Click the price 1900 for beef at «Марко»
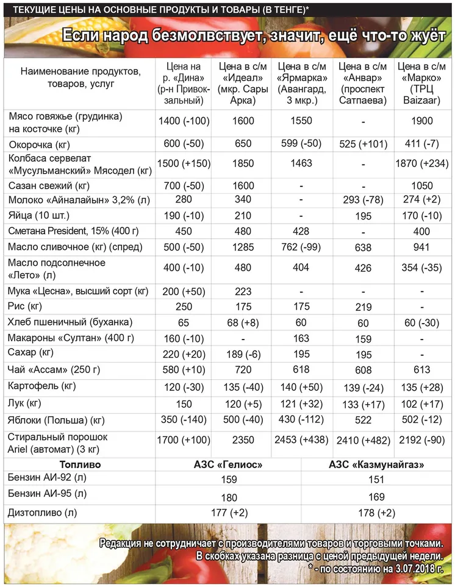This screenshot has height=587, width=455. coord(422,121)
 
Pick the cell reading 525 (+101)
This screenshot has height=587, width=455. coord(364,144)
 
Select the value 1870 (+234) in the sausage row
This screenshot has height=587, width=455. coord(422,163)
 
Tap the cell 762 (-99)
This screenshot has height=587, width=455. coord(302,247)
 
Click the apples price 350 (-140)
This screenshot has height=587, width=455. coord(184,421)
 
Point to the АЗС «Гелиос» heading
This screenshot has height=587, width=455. coord(227,464)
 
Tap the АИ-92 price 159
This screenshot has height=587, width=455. coord(227,480)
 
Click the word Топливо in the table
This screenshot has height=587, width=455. coord(77,464)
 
